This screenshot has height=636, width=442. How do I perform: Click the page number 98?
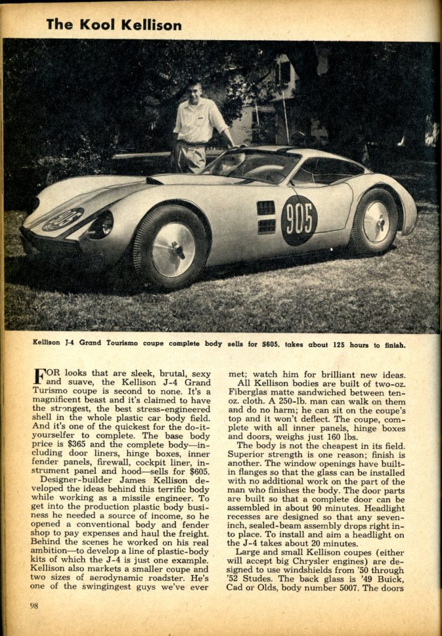click(x=34, y=605)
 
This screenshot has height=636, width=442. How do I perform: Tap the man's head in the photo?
click(x=193, y=88)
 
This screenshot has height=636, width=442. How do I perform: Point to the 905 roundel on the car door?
click(x=299, y=220)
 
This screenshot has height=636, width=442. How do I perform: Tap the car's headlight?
click(x=101, y=225)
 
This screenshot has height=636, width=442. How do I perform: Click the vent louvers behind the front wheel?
click(x=266, y=217)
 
